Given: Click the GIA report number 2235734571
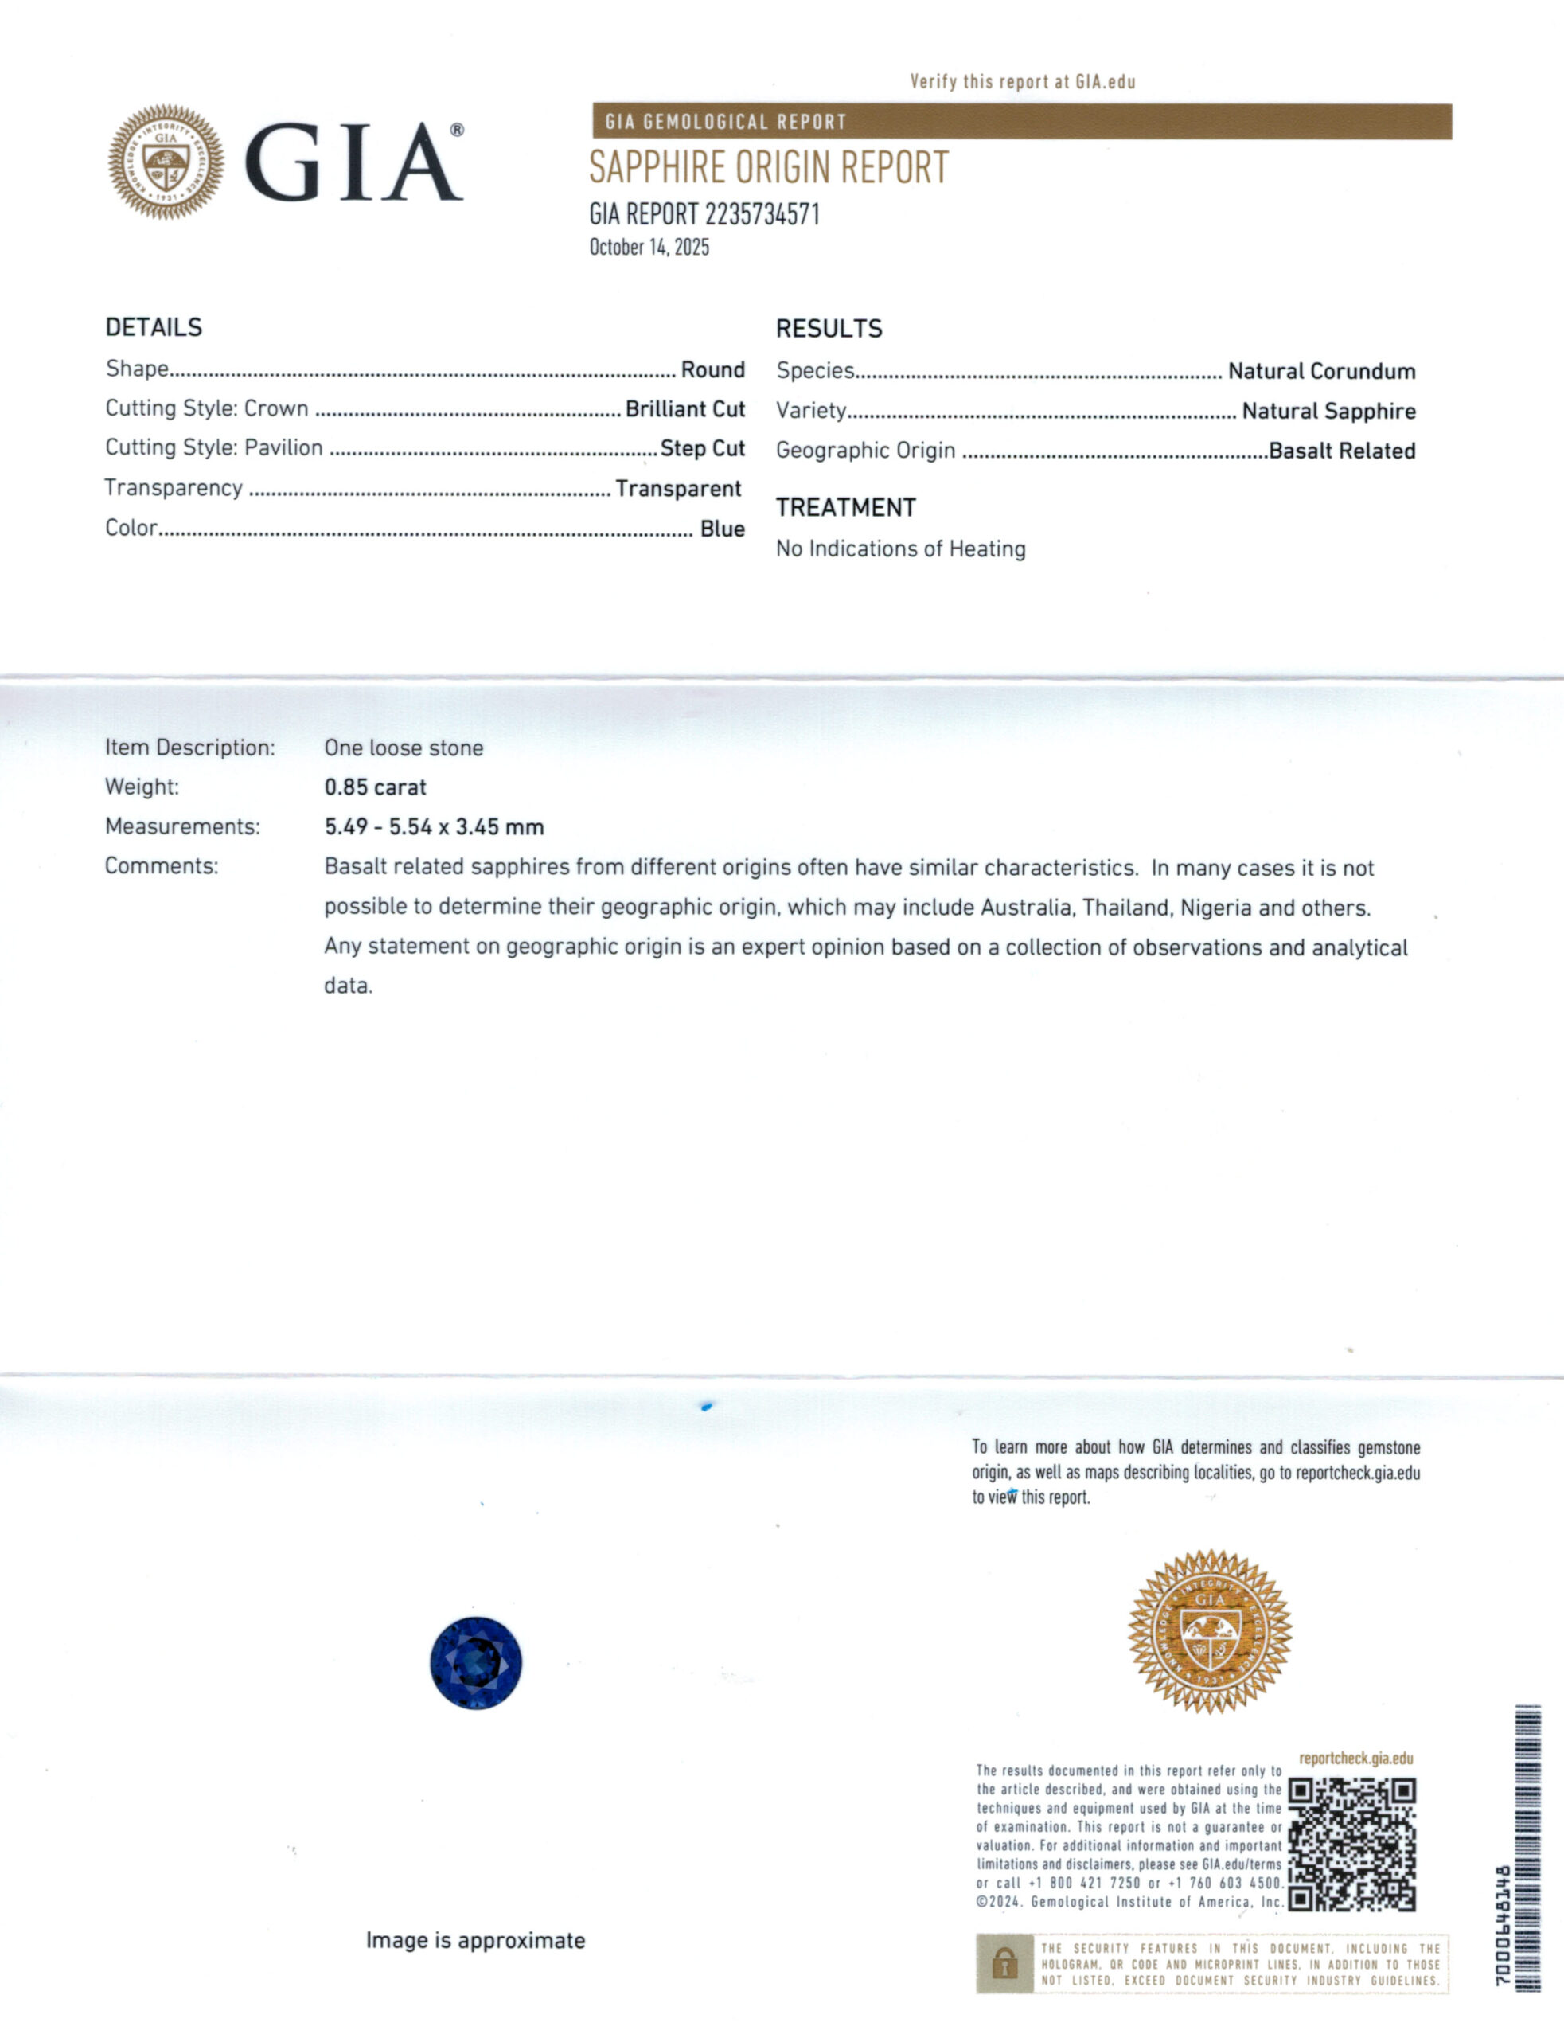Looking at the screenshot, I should point(704,214).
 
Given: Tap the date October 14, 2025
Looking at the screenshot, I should point(649,248).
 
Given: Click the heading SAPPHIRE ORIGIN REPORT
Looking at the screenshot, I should point(768,169).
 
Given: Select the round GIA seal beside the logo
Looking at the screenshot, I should point(166,162).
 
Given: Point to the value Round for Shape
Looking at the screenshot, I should point(712,369).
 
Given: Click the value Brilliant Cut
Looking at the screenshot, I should point(684,408).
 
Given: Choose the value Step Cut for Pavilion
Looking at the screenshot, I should point(702,448).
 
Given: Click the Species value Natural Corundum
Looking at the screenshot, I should point(1321,372).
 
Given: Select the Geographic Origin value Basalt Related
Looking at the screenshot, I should point(1341,451).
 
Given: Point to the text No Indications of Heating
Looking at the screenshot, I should point(900,549).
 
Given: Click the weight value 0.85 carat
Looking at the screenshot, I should point(375,787).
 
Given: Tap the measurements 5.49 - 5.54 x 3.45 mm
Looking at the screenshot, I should point(434,827).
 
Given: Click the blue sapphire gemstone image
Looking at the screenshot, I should point(476,1663).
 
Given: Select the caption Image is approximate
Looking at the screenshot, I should point(475,1940).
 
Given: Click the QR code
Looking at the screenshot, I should point(1351,1845).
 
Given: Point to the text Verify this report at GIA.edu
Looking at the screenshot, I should point(1022,82).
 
